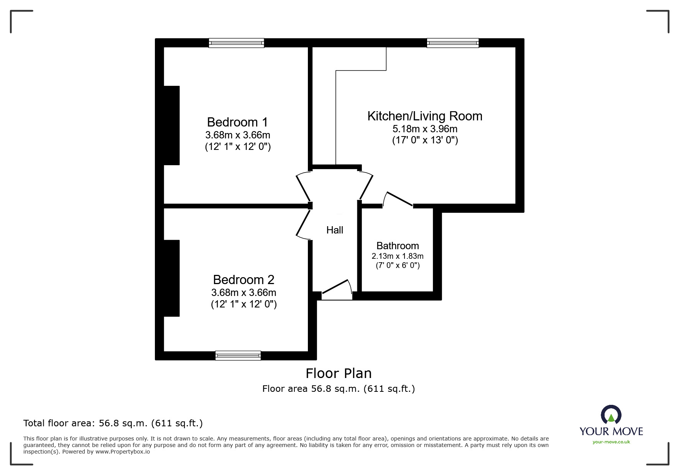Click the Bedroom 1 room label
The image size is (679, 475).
[x=237, y=122]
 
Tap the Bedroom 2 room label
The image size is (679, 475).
[x=243, y=280]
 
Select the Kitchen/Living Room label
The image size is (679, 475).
[x=424, y=116]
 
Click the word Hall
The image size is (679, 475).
[x=334, y=230]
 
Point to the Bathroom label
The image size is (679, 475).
[x=397, y=246]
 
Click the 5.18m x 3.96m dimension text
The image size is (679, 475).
[x=424, y=129]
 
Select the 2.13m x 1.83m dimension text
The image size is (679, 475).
[x=397, y=256]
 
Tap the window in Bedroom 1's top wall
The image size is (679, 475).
[x=236, y=43]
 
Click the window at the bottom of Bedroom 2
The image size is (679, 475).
[x=238, y=356]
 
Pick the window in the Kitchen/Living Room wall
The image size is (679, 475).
[x=452, y=43]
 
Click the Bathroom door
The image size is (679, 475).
[x=399, y=199]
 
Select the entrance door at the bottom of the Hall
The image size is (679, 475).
[x=337, y=290]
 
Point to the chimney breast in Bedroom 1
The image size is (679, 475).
[x=171, y=125]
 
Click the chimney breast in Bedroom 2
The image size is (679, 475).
[x=171, y=278]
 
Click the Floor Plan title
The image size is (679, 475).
[x=338, y=373]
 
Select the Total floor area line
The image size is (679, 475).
[x=113, y=423]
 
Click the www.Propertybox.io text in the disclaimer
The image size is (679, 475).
[x=122, y=452]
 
